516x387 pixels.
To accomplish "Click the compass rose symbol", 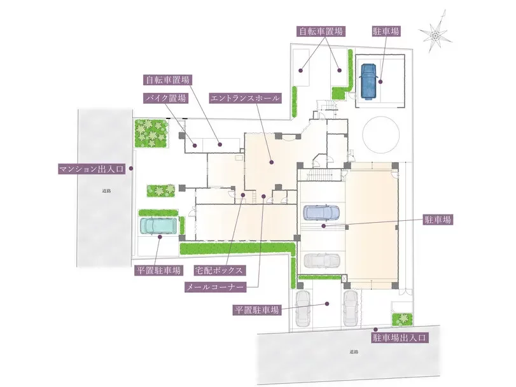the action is point(436,34).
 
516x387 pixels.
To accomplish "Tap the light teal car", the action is point(158,226).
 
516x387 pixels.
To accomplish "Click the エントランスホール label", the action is point(245,98).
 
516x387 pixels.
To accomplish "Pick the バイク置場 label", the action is point(166,98).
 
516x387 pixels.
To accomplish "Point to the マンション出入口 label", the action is point(92,169).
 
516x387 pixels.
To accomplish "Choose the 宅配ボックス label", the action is point(219,271).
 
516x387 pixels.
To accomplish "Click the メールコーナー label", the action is point(215,287).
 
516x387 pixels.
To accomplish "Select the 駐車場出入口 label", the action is point(399,337).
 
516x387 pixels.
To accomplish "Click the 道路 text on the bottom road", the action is point(354,352).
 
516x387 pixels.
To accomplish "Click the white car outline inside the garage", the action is point(321,260).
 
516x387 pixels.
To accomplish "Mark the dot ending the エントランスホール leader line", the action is point(272,162).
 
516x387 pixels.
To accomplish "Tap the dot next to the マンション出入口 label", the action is point(130,168).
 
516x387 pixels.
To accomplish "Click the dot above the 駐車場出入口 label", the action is point(375,329).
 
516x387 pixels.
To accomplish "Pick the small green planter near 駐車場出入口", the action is point(402,319).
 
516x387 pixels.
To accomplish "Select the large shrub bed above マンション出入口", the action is point(151,133).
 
